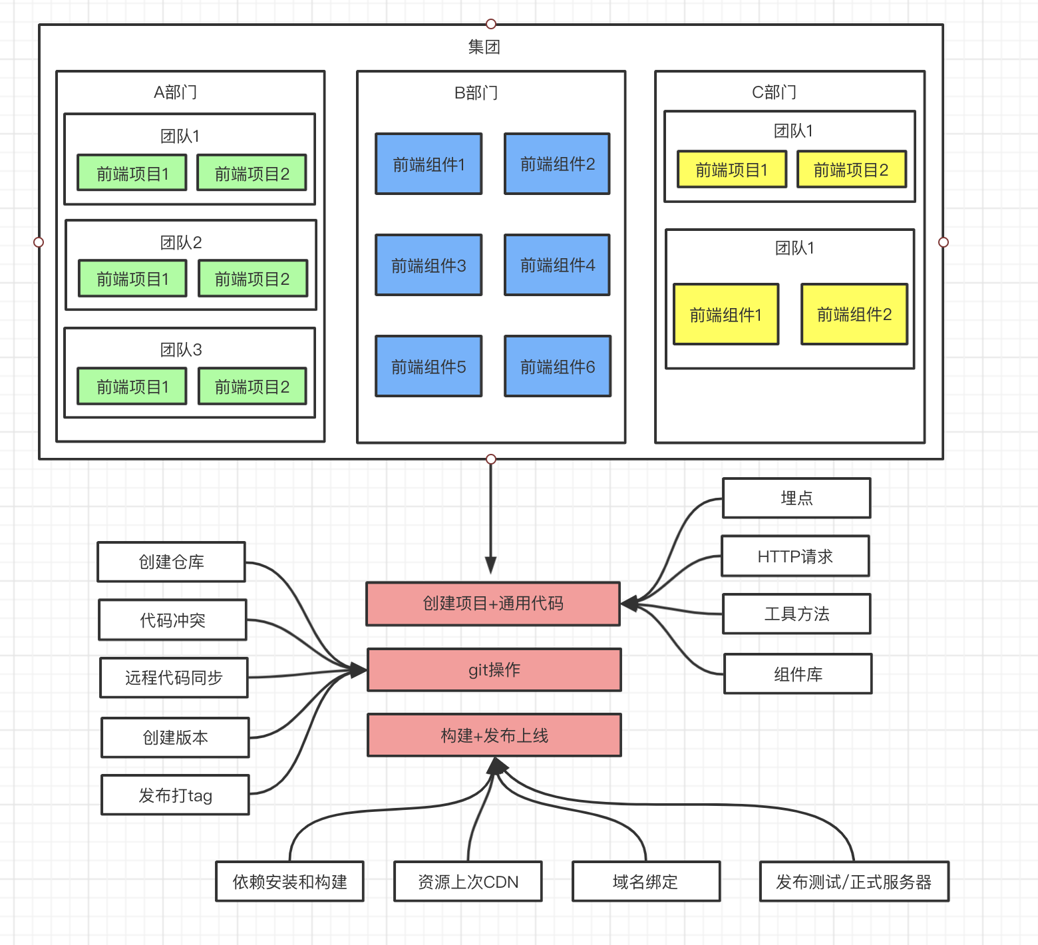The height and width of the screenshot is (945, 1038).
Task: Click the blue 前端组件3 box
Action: tap(429, 265)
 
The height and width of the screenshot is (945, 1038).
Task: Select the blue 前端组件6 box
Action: tap(558, 366)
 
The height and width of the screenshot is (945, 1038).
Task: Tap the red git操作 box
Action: tap(494, 669)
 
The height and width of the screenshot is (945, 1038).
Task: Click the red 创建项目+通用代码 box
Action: tap(493, 604)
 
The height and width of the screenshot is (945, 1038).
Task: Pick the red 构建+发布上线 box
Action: tap(494, 735)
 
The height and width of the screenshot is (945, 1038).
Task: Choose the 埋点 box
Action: tap(796, 498)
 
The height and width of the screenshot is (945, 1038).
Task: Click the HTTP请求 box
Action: tap(795, 556)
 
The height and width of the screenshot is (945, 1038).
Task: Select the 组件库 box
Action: tap(798, 674)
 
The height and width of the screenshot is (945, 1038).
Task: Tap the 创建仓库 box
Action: tap(171, 562)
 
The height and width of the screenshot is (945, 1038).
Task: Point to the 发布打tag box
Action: tap(175, 795)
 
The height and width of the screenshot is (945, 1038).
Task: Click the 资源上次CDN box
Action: tap(468, 882)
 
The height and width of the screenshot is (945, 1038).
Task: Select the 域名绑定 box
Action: tap(645, 882)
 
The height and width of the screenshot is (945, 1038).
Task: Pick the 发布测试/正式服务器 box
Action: tap(854, 882)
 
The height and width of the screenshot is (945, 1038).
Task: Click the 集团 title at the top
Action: tap(484, 47)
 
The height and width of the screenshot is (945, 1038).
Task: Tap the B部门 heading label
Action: tap(476, 93)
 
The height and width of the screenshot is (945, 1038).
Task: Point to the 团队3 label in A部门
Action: tap(180, 349)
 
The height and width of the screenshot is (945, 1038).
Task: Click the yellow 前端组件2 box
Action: tap(854, 314)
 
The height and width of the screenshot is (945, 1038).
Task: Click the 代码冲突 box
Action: tap(172, 620)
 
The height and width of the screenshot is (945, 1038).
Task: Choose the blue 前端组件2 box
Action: tap(558, 164)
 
